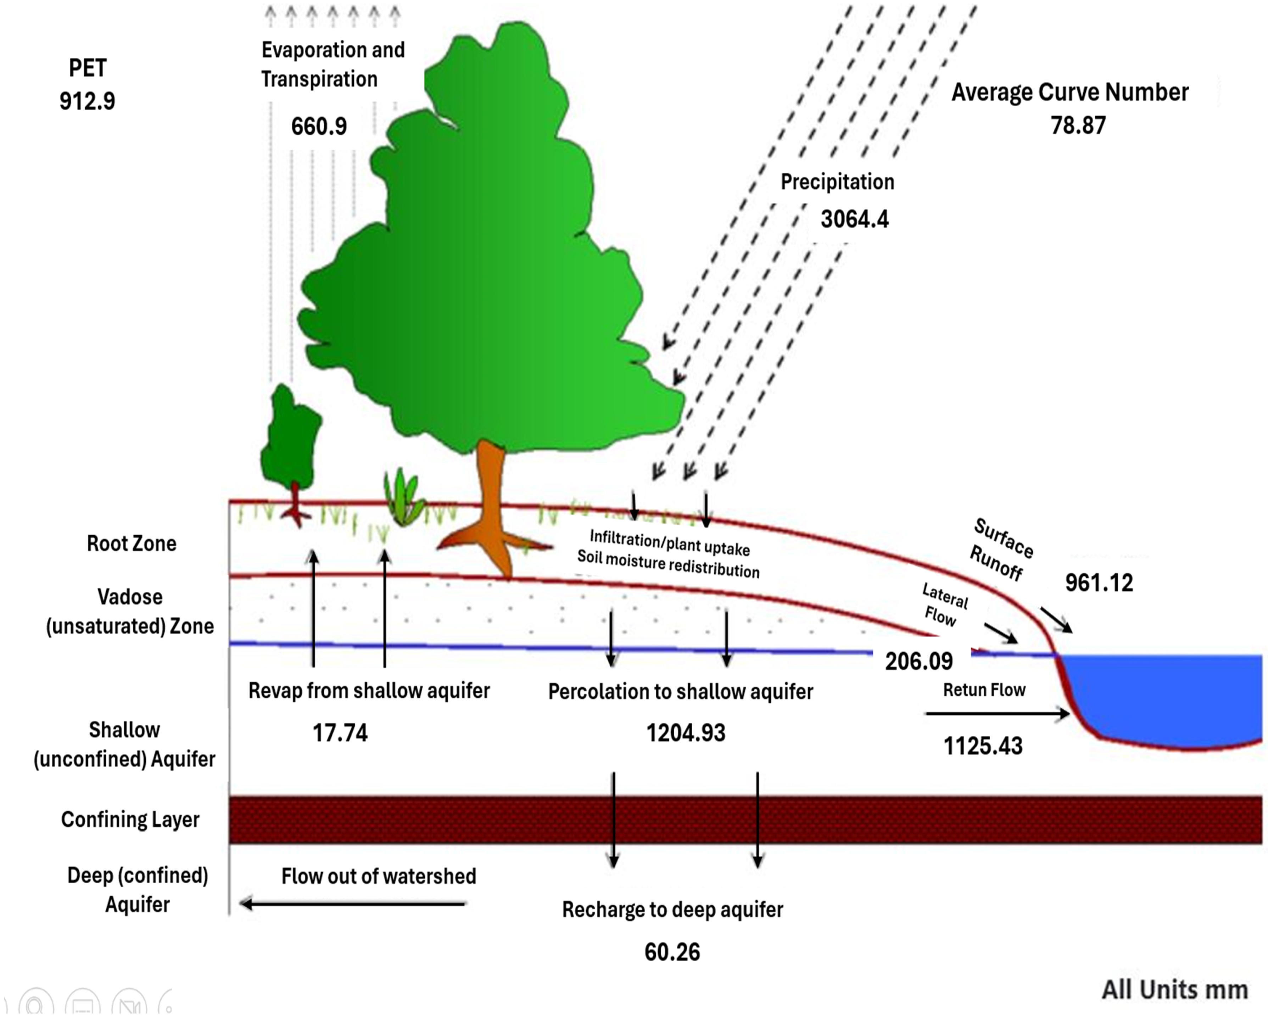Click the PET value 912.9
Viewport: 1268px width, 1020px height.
pyautogui.click(x=87, y=101)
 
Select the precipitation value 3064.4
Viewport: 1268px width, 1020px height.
pyautogui.click(x=854, y=219)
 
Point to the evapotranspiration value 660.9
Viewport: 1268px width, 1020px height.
pyautogui.click(x=319, y=127)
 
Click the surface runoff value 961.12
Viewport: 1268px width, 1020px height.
pyautogui.click(x=1099, y=583)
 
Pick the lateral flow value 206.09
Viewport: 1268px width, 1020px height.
pyautogui.click(x=919, y=661)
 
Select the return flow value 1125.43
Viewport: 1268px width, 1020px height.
pyautogui.click(x=983, y=746)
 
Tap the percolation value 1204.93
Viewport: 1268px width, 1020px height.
pyautogui.click(x=686, y=733)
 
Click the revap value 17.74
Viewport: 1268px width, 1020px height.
pyautogui.click(x=340, y=733)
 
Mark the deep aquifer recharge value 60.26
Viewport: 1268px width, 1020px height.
pyautogui.click(x=672, y=952)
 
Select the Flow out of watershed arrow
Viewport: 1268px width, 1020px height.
pyautogui.click(x=353, y=903)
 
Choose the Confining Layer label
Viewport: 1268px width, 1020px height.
pyautogui.click(x=130, y=819)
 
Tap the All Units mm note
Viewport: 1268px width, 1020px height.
pyautogui.click(x=1174, y=990)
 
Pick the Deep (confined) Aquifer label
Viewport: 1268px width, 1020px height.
pyautogui.click(x=138, y=890)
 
